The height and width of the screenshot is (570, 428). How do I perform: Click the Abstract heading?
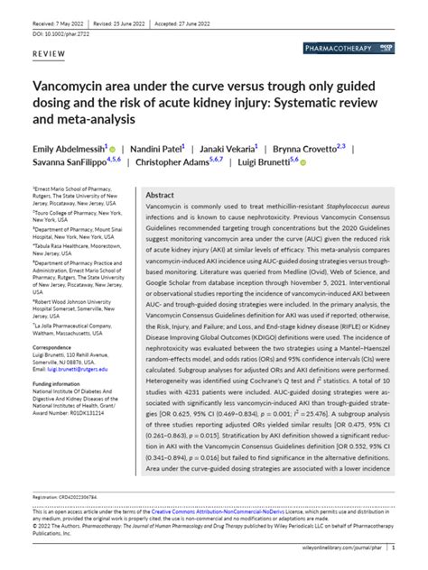(x=160, y=195)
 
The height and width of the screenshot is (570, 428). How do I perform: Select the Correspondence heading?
(x=54, y=347)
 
